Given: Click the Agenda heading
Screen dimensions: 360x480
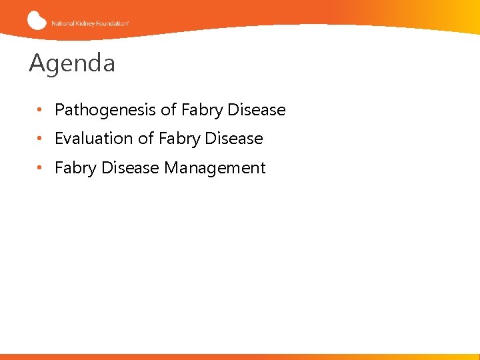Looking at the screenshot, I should coord(72,64).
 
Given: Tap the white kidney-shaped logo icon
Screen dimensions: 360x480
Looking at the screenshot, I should coord(37,20).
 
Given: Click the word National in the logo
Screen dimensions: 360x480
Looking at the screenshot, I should coord(62,23).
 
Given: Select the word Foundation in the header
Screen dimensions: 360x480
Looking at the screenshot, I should coord(111,23).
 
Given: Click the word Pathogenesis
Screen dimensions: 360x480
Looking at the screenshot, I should coord(106,110).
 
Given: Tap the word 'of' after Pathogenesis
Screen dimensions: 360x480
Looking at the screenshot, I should coord(169,110).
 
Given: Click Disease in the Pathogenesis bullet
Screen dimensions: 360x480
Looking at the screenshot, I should coord(257,110).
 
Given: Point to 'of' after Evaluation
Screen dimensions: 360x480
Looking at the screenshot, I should coord(146,139).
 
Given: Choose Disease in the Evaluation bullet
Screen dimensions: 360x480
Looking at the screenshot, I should coord(234,139).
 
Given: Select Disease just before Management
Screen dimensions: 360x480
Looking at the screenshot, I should coord(130,168).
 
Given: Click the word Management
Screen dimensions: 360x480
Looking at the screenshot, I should coord(215,168).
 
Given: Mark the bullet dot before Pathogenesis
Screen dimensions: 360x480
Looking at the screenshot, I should coord(41,110).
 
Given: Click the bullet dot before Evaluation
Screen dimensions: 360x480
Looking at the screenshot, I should coord(41,139).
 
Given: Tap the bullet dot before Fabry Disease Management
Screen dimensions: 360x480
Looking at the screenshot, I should coord(41,168).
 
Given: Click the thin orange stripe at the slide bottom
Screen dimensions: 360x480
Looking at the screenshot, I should coord(240,357).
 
